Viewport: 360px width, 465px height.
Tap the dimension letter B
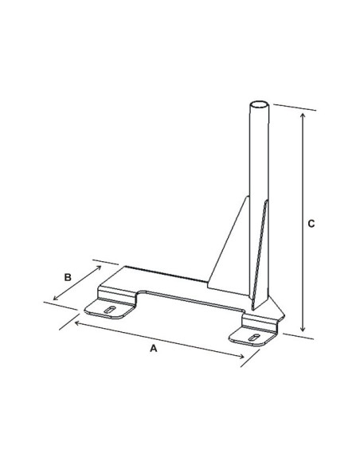[x=68, y=276]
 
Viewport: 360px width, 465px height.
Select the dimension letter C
[x=311, y=225]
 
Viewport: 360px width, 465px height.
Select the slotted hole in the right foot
[x=253, y=338]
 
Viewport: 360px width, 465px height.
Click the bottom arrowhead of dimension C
[x=303, y=330]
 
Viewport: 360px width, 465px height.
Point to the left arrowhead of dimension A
[x=76, y=324]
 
